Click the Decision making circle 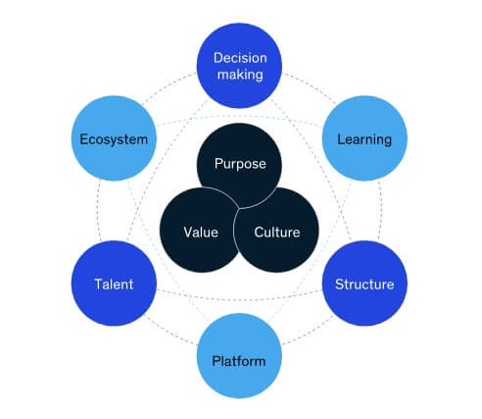coord(239,66)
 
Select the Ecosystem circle coord(114,138)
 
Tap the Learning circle coord(364,138)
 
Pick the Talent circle coord(114,284)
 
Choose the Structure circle coord(364,284)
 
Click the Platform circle coord(239,356)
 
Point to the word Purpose coord(240,164)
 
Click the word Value coord(201,233)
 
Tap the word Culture coord(277,233)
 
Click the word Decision coord(240,58)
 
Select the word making coord(240,75)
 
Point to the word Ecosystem coord(114,139)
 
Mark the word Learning coord(364,139)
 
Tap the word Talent coord(114,285)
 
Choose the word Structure coord(364,285)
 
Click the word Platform coord(239,361)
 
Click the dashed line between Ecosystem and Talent coord(97,211)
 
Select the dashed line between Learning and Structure coord(380,211)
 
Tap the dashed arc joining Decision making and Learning coord(311,85)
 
